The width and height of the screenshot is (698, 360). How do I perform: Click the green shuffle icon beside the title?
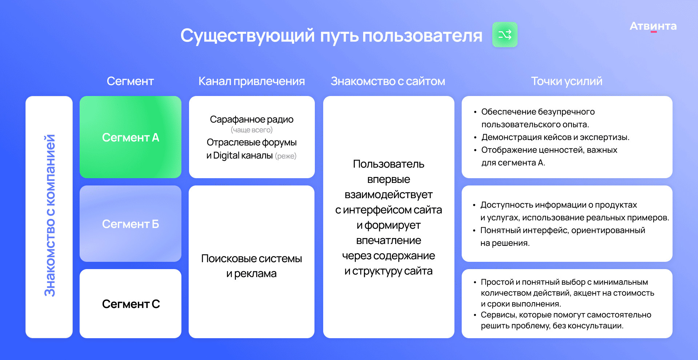pyautogui.click(x=505, y=35)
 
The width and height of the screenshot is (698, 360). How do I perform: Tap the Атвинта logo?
pyautogui.click(x=653, y=26)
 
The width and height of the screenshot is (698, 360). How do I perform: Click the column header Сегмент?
pyautogui.click(x=130, y=81)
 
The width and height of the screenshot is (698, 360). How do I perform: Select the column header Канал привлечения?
pyautogui.click(x=252, y=81)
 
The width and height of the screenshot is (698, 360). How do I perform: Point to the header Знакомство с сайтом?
pyautogui.click(x=388, y=81)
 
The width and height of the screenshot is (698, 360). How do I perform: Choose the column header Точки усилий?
pyautogui.click(x=567, y=81)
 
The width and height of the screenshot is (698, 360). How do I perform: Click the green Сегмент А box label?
pyautogui.click(x=131, y=137)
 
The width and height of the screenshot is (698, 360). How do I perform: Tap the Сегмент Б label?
pyautogui.click(x=131, y=224)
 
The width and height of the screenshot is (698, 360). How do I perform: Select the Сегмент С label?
pyautogui.click(x=131, y=304)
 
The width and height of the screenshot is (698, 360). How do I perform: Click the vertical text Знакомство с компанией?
pyautogui.click(x=49, y=216)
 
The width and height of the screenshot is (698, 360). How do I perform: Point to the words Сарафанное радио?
pyautogui.click(x=252, y=120)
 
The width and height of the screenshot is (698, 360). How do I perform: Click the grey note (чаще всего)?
pyautogui.click(x=252, y=130)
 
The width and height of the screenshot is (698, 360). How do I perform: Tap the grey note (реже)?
pyautogui.click(x=286, y=156)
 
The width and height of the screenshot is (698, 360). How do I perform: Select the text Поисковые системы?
pyautogui.click(x=252, y=259)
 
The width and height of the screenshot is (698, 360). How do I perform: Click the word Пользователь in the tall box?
pyautogui.click(x=389, y=164)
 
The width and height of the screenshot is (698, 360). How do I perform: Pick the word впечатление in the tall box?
pyautogui.click(x=389, y=240)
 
